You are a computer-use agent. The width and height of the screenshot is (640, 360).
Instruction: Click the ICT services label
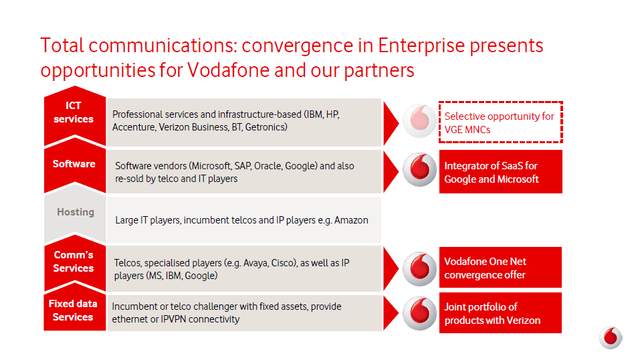(74, 112)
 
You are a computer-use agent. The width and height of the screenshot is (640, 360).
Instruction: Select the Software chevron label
(74, 164)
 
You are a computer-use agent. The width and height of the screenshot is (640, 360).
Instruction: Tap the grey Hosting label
(76, 212)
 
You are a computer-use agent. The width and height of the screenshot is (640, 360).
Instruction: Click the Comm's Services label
(74, 262)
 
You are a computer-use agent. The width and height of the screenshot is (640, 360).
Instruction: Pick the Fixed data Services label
(73, 310)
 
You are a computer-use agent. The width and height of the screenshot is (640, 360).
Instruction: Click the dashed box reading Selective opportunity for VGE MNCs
(500, 122)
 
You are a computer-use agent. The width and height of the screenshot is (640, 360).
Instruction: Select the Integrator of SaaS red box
(500, 171)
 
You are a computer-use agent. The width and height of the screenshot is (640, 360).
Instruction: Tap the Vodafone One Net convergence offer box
(500, 267)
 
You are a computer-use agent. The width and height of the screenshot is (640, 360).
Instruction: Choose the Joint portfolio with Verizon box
(500, 313)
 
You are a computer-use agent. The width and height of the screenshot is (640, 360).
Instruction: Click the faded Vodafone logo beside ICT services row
(419, 120)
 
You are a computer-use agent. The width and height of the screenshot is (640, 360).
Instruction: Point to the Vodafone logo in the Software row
(419, 169)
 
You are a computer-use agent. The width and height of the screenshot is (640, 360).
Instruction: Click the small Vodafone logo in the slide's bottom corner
(611, 337)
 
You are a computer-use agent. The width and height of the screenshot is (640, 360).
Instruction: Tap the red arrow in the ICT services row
(391, 123)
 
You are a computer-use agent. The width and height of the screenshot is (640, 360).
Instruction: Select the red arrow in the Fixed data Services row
(391, 313)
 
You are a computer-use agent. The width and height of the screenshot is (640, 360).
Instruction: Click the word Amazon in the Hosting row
(351, 220)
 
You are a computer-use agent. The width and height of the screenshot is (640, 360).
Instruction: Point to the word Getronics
(266, 127)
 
